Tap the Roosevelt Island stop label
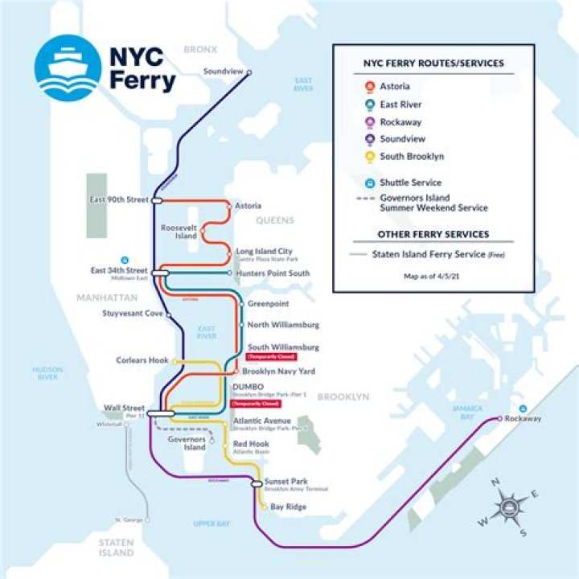[179, 232]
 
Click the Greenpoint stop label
[268, 305]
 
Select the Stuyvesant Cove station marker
[168, 314]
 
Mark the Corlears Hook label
[142, 360]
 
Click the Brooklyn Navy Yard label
[278, 372]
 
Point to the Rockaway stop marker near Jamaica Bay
[499, 419]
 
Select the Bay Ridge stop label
[288, 507]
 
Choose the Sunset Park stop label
[285, 480]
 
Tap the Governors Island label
[187, 444]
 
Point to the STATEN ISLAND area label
[116, 548]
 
